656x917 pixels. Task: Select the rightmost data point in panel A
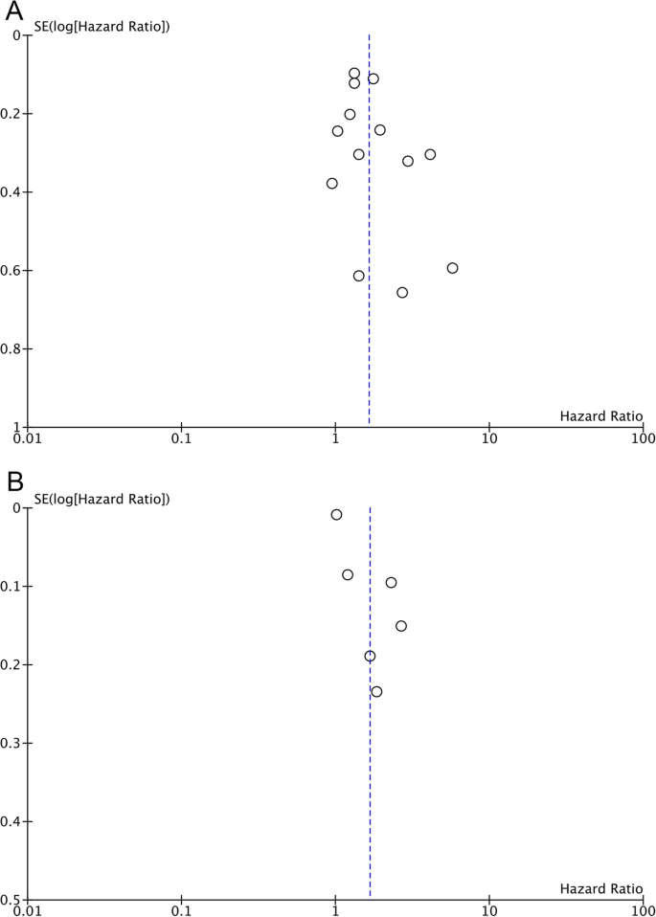click(452, 268)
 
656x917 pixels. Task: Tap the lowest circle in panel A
click(402, 292)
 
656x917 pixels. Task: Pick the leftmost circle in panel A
click(331, 183)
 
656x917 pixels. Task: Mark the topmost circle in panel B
click(336, 514)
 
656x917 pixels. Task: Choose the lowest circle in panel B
click(376, 691)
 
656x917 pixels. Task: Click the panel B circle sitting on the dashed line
click(370, 656)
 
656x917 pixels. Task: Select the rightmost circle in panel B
click(401, 626)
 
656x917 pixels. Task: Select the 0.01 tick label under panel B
click(28, 910)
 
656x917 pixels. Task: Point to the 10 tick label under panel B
click(489, 910)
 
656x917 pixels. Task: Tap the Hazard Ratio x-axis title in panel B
click(600, 887)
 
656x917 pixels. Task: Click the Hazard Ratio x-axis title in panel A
click(600, 414)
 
